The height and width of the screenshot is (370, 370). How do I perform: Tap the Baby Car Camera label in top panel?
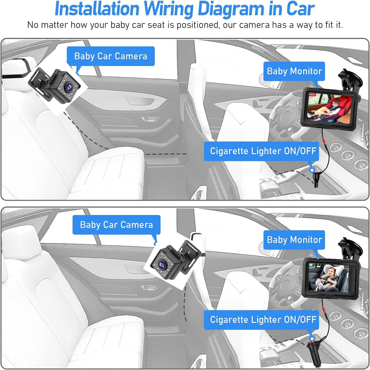(110, 56)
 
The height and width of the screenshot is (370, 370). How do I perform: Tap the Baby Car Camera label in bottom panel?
(116, 225)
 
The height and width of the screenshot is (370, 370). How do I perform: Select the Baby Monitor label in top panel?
(294, 71)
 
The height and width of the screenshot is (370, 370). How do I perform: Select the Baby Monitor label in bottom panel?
(294, 240)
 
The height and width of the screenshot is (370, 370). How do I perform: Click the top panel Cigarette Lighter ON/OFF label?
(263, 151)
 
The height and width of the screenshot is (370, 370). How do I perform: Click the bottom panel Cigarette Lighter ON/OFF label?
(263, 320)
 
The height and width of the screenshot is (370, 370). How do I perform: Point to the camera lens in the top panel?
(69, 87)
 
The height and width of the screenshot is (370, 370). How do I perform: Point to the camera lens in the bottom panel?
(160, 264)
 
